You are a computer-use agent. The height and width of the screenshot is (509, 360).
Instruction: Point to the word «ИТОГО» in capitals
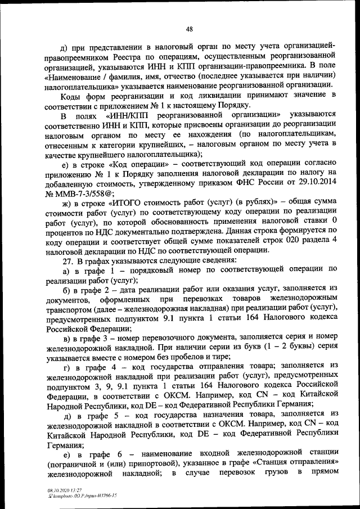coord(123,204)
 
